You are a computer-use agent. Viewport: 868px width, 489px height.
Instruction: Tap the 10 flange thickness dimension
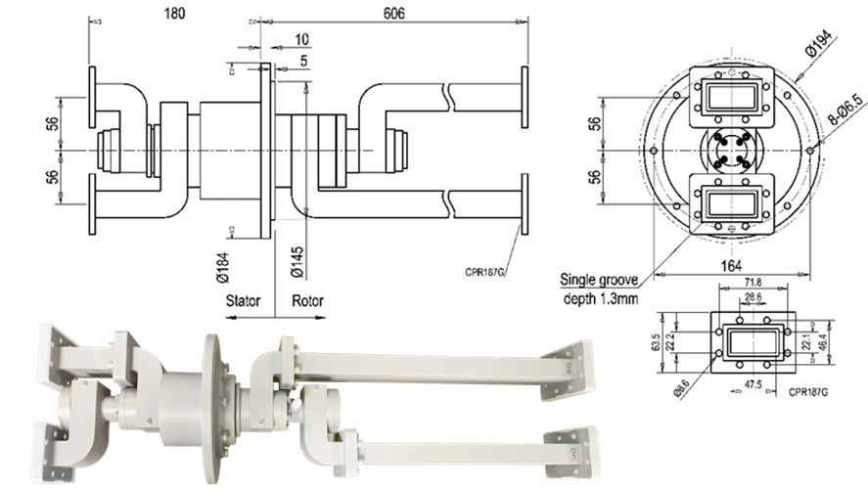(301, 39)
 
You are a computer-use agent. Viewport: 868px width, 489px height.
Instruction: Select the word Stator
(244, 301)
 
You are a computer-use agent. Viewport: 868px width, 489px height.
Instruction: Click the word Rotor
(307, 301)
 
